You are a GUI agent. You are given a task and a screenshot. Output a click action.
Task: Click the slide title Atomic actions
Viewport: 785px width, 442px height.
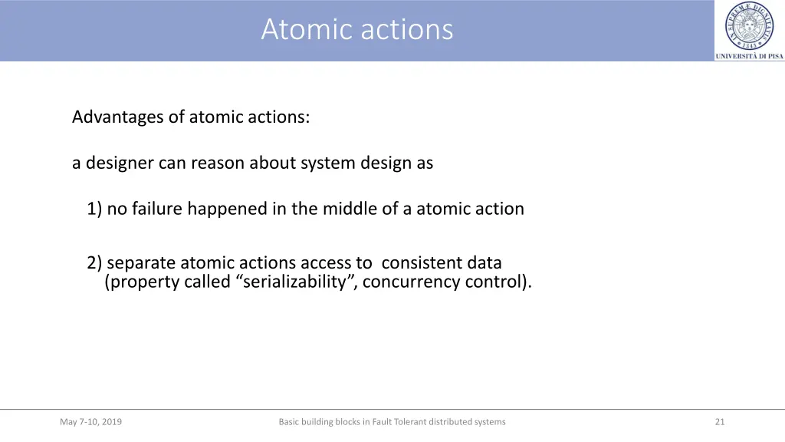(x=357, y=30)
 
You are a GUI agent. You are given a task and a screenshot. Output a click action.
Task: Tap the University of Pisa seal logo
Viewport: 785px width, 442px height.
(x=749, y=25)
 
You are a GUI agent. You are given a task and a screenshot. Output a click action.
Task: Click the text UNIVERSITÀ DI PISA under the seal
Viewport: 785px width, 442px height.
(x=749, y=56)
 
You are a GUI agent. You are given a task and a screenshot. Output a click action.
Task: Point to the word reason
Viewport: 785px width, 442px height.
(x=218, y=163)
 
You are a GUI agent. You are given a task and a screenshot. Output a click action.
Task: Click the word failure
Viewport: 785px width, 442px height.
(x=157, y=209)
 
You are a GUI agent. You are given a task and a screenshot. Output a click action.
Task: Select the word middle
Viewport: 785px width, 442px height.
(x=349, y=209)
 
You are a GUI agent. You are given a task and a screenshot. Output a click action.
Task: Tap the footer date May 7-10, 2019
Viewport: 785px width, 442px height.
(x=90, y=421)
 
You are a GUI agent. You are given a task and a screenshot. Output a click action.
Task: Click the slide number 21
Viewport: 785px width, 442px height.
(x=719, y=421)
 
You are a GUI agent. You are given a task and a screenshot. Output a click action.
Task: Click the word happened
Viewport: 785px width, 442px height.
(x=227, y=209)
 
